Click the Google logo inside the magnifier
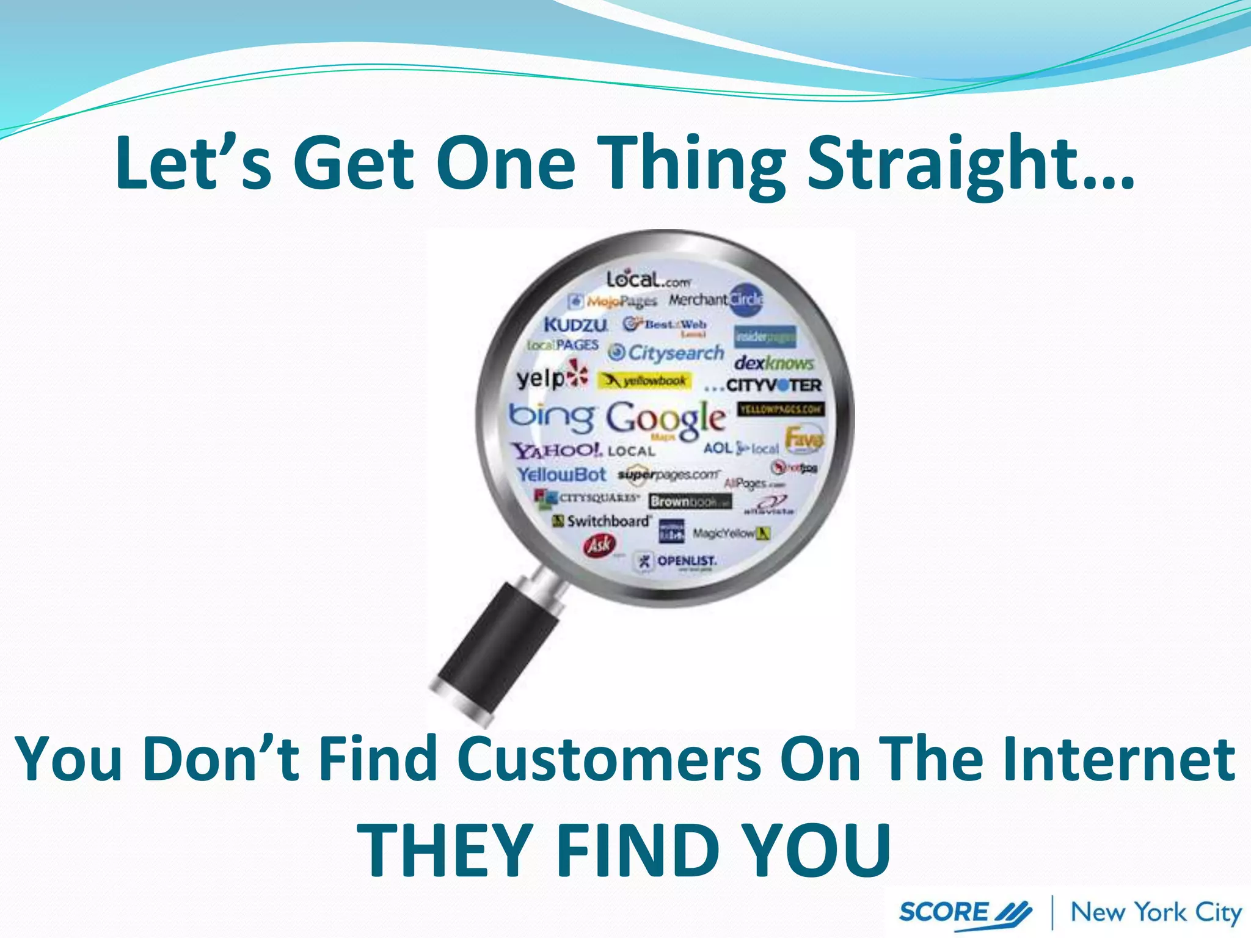(x=666, y=418)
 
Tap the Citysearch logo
(x=666, y=353)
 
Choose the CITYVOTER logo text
(x=773, y=385)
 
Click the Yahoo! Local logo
(x=583, y=451)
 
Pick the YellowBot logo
(x=561, y=474)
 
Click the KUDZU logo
(x=575, y=324)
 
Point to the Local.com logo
(x=647, y=280)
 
